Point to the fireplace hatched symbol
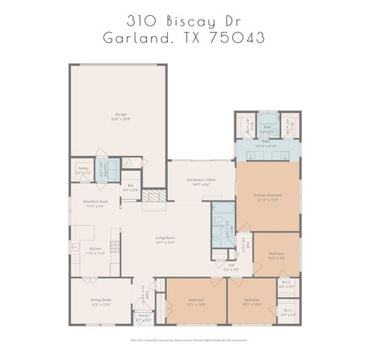point(153,197)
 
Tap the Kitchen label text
point(95,250)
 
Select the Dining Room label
point(100,302)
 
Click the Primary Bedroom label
point(267,197)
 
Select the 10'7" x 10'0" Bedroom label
point(252,302)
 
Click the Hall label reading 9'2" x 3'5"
point(231,266)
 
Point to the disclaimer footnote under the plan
point(184,340)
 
